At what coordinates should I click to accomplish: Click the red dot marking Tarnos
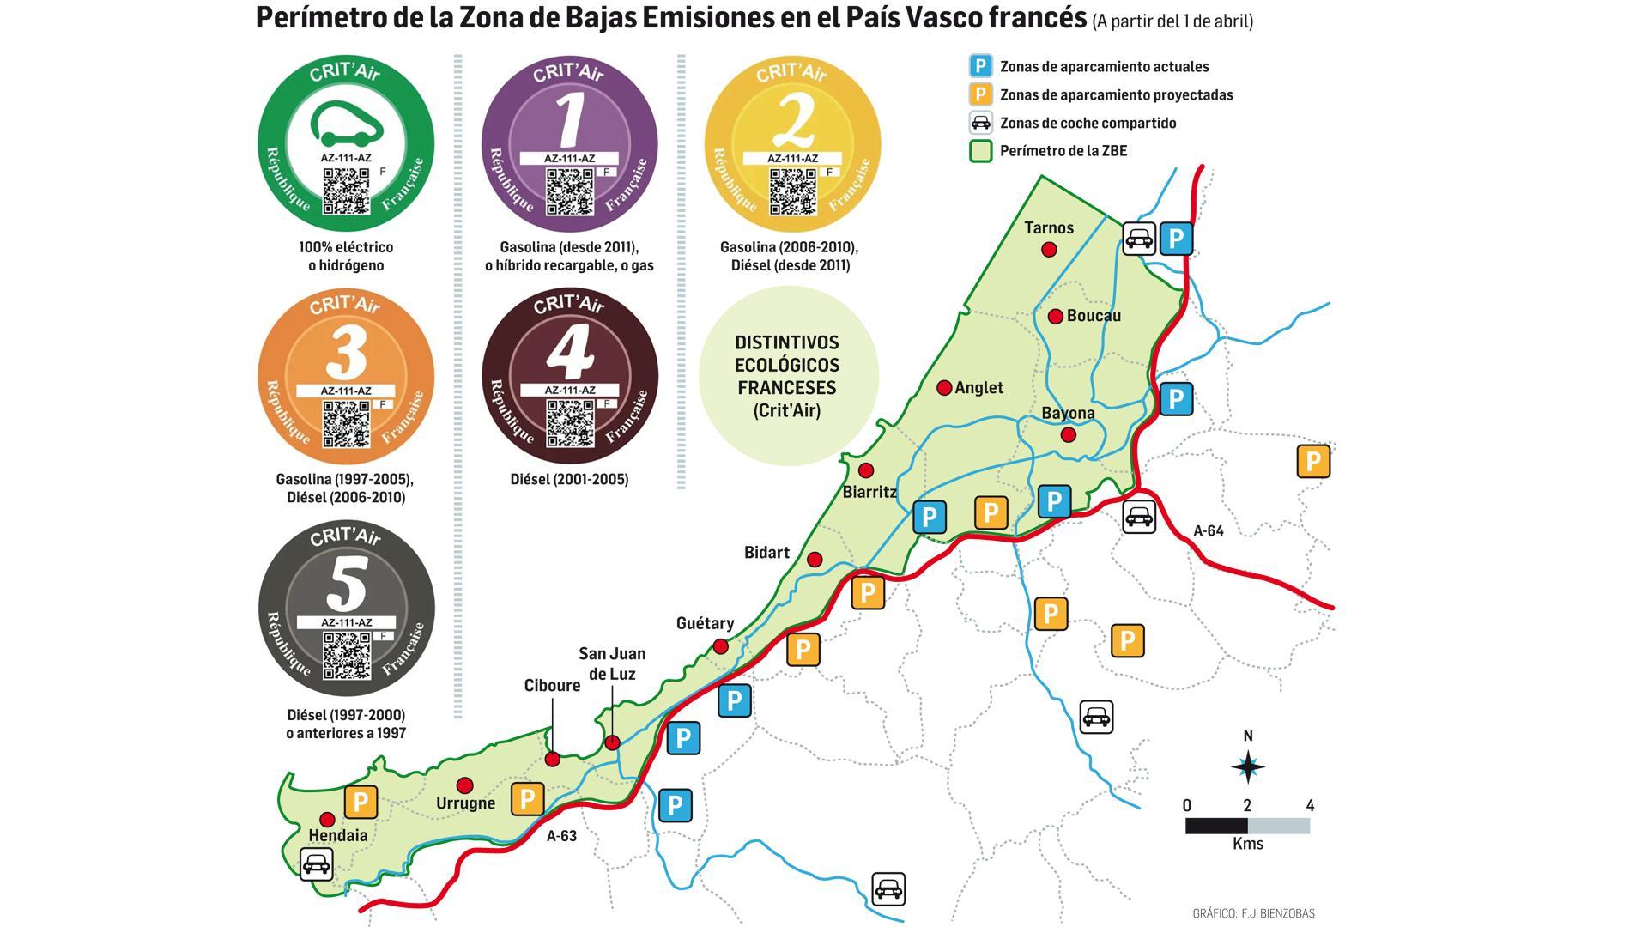[1048, 250]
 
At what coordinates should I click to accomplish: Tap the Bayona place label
[1068, 414]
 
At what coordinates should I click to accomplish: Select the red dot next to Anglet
[944, 388]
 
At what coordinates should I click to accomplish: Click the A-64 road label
[1209, 531]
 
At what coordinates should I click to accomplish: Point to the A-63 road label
[561, 836]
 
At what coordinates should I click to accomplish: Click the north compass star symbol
[1248, 766]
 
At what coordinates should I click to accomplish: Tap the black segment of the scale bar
[1215, 826]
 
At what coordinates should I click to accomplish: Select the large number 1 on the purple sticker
[569, 120]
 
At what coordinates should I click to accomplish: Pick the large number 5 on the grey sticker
[347, 584]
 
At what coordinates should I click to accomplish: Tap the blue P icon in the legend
[980, 66]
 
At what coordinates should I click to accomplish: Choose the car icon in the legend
[980, 123]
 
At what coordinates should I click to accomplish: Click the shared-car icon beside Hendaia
[316, 863]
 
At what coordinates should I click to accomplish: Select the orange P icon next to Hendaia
[360, 803]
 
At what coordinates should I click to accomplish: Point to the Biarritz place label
[869, 493]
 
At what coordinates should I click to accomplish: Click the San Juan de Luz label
[611, 663]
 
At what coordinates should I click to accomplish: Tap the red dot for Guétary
[721, 646]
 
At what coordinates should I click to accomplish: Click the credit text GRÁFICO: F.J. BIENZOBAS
[1253, 913]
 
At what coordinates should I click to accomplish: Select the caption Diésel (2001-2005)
[569, 480]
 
